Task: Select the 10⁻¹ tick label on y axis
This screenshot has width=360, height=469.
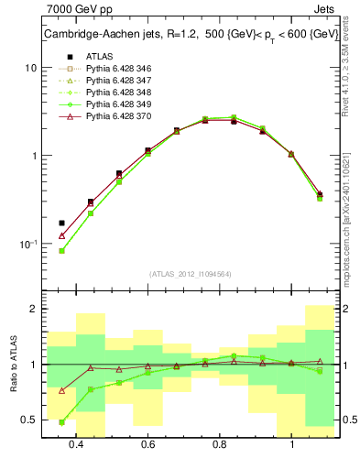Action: [x=27, y=244]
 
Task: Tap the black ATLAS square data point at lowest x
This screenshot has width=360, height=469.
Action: [x=62, y=223]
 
